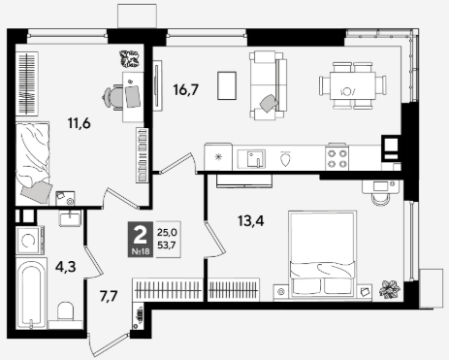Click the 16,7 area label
coord(185,89)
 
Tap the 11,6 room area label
coord(80,123)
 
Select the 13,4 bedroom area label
coord(251,221)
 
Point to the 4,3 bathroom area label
coord(66,267)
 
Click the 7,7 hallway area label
coord(109,296)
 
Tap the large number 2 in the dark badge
coord(141,236)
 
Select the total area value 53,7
coord(167,245)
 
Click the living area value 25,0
coord(167,232)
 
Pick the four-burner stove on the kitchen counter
coord(337,157)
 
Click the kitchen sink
coord(252,159)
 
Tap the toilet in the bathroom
coord(65,313)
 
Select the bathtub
coord(31,293)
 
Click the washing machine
coord(29,241)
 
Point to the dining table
coord(352,85)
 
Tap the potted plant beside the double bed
coord(389,288)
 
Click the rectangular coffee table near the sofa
coord(227,85)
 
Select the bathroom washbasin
coord(70,217)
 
